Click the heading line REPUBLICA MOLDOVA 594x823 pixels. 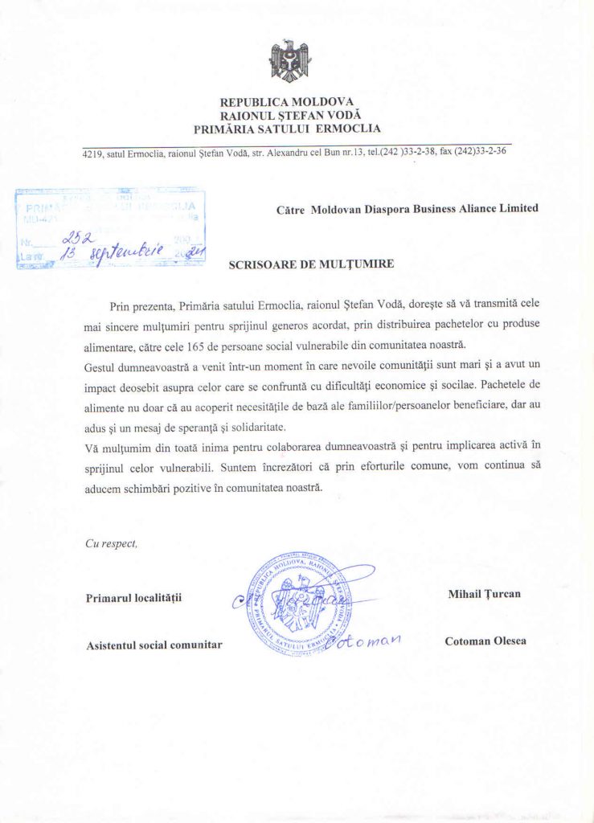(x=286, y=102)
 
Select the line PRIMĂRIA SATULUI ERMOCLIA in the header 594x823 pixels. (x=286, y=128)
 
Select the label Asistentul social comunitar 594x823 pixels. (x=154, y=645)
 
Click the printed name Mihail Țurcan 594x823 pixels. (x=484, y=594)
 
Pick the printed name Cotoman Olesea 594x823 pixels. (x=485, y=641)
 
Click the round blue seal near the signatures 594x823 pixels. (x=299, y=602)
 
